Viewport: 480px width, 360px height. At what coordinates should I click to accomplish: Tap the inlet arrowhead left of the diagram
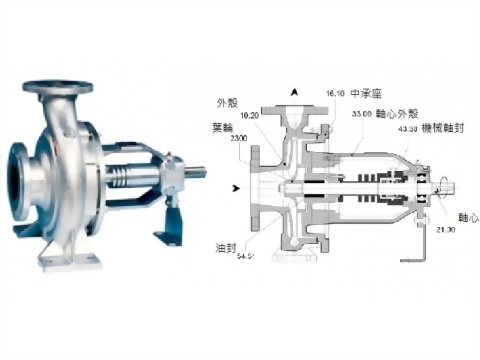236,186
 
